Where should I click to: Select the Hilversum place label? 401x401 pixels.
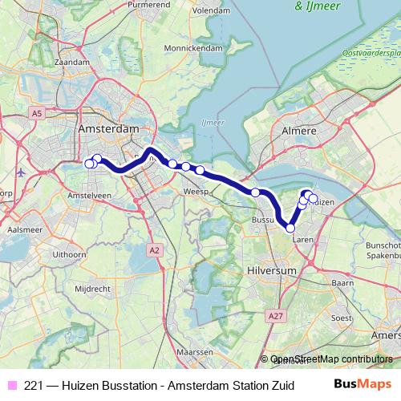tap(273, 272)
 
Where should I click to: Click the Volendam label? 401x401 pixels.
tap(211, 12)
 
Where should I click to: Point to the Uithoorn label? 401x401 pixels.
tap(69, 254)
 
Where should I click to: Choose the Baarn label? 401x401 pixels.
tap(342, 283)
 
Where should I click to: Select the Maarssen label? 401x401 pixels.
tap(195, 352)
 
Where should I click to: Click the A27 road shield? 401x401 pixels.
tap(277, 317)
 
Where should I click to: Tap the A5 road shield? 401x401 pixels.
tap(36, 115)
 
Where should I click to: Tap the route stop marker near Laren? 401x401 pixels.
tap(290, 228)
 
